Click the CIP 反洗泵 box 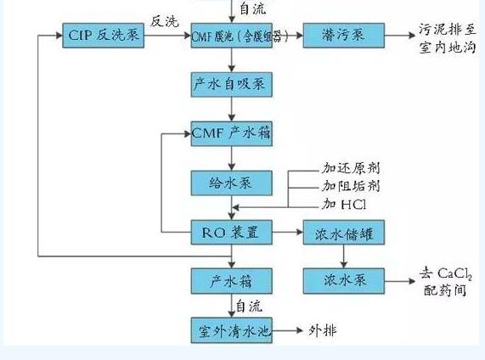(104, 37)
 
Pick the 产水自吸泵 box (231, 84)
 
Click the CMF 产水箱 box (231, 133)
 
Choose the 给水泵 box (231, 183)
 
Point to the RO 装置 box (231, 231)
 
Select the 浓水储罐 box (343, 231)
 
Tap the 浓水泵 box (343, 279)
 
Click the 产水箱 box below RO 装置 (231, 279)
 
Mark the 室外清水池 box (231, 329)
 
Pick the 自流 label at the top (253, 8)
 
